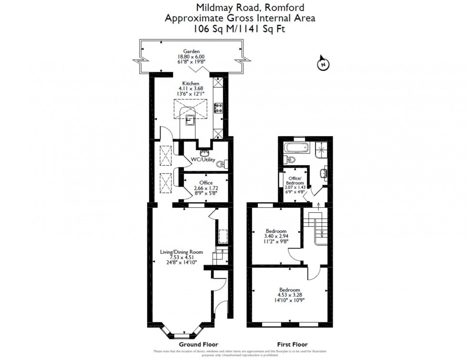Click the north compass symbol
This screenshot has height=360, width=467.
pos(323,64)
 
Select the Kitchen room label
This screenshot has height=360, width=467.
pos(191,83)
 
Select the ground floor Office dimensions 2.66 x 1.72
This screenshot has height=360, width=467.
pos(206,189)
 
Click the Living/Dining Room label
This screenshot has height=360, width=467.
pos(182,252)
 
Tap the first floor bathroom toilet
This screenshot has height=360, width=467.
pos(286,158)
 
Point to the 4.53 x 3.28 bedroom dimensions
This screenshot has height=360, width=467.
pos(290,295)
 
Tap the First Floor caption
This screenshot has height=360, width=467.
pos(292,344)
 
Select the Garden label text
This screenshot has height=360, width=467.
pos(192,51)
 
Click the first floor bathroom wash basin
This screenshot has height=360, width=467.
pos(324,172)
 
